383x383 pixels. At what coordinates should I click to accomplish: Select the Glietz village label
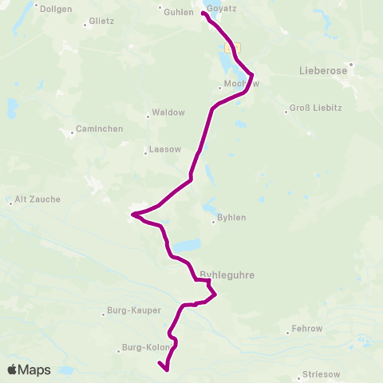[102, 22]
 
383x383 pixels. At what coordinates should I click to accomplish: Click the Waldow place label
[168, 113]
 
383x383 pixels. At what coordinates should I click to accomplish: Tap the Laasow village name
[165, 150]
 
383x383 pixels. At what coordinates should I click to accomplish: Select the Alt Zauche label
[38, 199]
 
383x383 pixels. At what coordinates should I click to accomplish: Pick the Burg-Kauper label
[133, 310]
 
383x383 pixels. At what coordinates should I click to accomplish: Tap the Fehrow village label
[307, 328]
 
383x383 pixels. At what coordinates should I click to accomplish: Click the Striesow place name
[322, 373]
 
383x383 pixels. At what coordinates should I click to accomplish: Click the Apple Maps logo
[29, 369]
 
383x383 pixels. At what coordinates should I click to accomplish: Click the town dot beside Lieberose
[349, 63]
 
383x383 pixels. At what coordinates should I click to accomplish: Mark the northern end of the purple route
[203, 14]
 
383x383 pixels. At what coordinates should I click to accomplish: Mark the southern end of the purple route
[164, 369]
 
